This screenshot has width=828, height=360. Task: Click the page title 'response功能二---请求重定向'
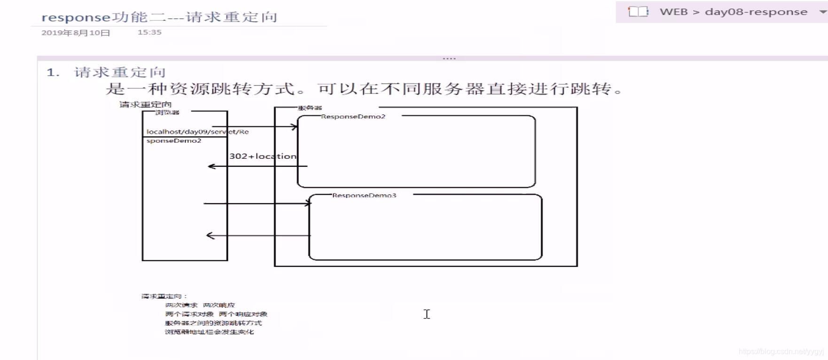coord(159,17)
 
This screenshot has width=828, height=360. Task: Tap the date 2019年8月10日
coord(76,33)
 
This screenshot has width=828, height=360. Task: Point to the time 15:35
coord(149,32)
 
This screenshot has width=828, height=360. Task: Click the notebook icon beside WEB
coord(638,12)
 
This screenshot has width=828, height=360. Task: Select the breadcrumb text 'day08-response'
coord(756,12)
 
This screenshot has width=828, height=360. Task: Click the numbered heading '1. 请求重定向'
coord(106,72)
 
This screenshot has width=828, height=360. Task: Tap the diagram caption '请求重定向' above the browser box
coord(145,104)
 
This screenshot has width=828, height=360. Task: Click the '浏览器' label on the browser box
coord(167,112)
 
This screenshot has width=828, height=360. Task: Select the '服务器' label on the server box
coord(310,108)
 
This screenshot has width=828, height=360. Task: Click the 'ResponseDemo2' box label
coord(353,117)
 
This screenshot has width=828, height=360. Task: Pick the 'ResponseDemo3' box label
coord(364,196)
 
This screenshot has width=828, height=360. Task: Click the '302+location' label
coord(263,157)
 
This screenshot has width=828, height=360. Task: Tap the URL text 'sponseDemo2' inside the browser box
coord(174,141)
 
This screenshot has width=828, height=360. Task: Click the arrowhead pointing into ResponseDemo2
coord(295,126)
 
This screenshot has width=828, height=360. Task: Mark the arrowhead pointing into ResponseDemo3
coord(308,203)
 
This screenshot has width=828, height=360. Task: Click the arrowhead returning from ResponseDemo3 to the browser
coord(210,235)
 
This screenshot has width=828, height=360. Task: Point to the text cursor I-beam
coord(427,314)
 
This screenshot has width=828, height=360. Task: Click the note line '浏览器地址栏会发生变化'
coord(209,332)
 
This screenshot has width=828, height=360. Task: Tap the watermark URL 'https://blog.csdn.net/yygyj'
coord(781,352)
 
